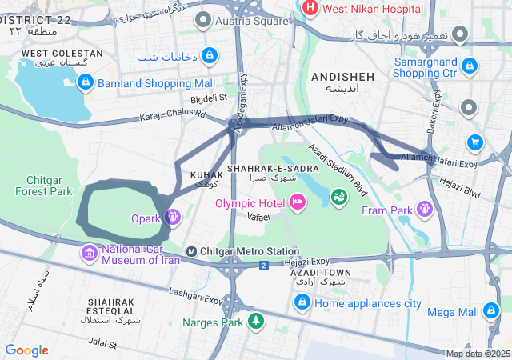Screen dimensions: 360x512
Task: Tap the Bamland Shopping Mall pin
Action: pos(86,82)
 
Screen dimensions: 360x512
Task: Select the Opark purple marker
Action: pos(172,216)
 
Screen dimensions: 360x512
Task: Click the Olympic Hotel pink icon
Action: pos(297,203)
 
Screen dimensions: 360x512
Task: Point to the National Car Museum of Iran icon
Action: pos(89,254)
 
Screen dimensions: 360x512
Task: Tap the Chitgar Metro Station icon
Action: pos(191,252)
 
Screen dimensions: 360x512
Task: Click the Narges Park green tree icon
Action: pos(255,322)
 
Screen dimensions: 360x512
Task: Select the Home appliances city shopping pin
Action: pos(302,302)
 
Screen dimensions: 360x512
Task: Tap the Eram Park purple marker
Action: pos(423,210)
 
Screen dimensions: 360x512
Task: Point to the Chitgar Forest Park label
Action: pos(49,186)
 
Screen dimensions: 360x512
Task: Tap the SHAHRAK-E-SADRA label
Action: pos(262,169)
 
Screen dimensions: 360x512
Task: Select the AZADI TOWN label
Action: pos(320,274)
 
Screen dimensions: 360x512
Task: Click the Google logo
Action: pos(27,350)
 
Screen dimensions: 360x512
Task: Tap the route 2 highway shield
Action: pos(262,265)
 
